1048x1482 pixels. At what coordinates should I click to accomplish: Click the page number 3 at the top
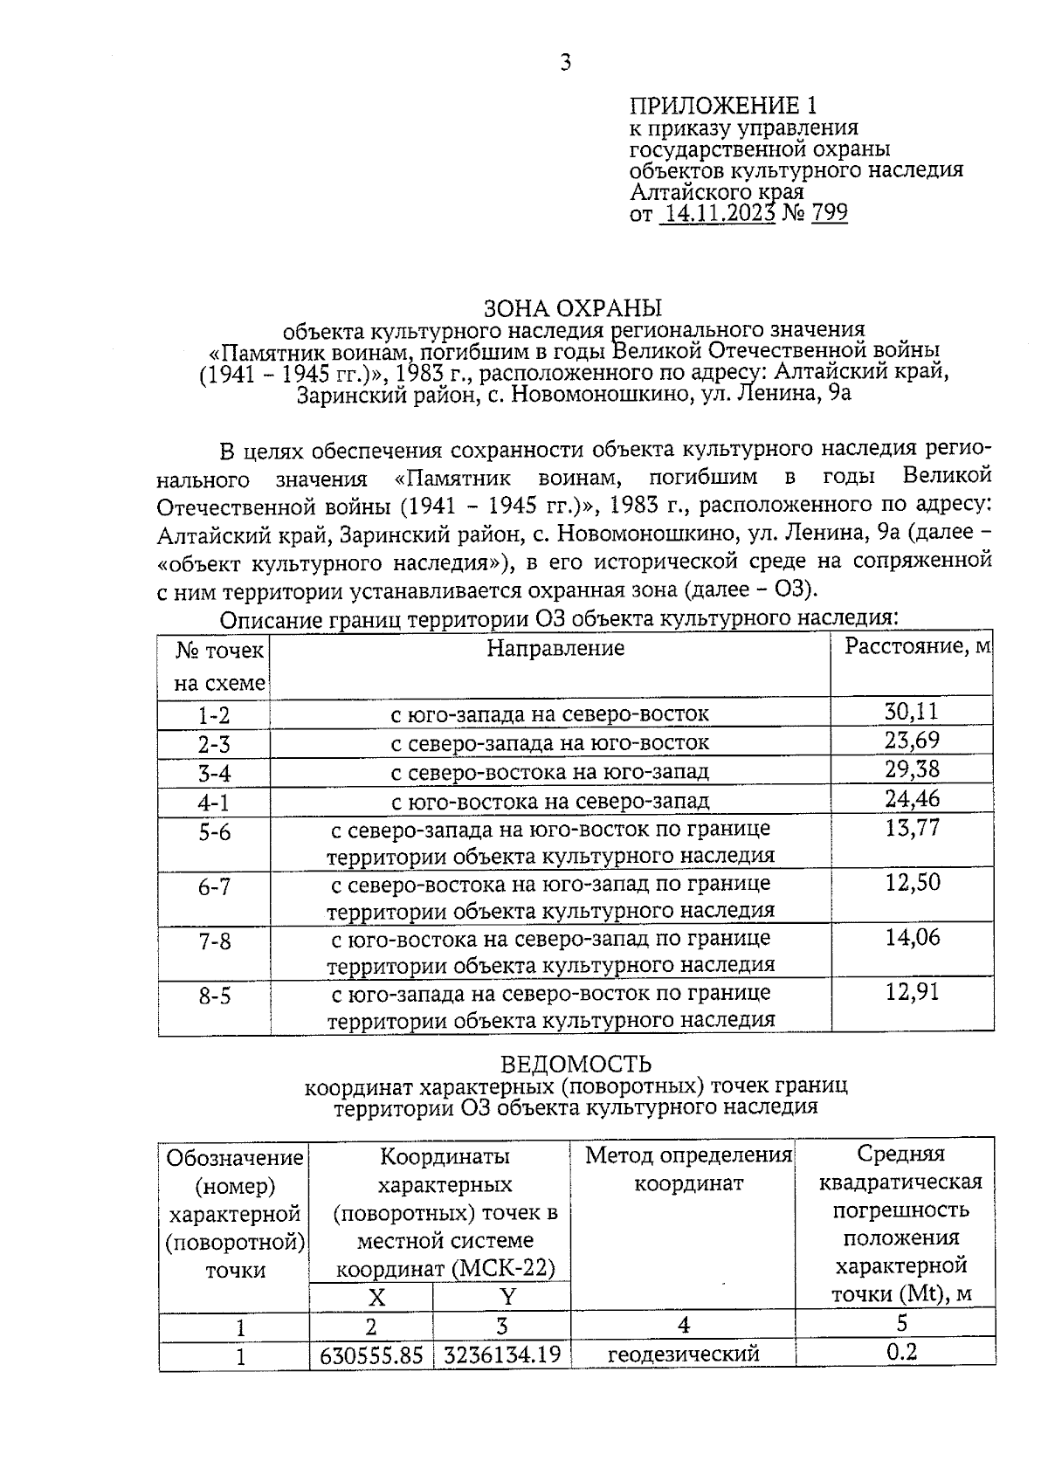[565, 63]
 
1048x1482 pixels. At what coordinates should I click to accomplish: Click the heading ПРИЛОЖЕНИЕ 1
[724, 107]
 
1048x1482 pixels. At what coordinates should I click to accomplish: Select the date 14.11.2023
[718, 214]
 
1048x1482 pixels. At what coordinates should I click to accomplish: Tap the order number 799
[829, 214]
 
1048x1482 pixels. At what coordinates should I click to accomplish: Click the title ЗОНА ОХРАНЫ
[573, 308]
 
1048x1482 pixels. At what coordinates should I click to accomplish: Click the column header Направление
[555, 648]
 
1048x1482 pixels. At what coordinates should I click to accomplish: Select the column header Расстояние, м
[917, 646]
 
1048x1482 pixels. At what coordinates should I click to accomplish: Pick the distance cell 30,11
[912, 712]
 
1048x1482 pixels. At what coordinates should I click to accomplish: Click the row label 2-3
[214, 745]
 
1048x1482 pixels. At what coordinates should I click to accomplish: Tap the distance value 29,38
[912, 769]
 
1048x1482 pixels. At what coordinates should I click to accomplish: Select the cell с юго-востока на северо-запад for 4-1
[550, 801]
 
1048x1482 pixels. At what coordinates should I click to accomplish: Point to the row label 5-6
[214, 832]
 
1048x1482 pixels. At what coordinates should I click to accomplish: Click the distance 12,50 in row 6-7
[913, 883]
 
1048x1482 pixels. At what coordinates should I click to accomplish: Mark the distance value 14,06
[913, 938]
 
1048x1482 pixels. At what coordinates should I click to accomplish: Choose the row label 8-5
[214, 996]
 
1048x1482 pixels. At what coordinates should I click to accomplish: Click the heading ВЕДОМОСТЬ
[576, 1064]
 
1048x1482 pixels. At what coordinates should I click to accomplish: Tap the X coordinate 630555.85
[372, 1355]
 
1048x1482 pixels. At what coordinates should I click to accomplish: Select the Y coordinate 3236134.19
[502, 1355]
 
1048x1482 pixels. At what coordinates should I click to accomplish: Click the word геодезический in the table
[683, 1354]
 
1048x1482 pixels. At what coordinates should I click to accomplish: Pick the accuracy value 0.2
[901, 1353]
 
